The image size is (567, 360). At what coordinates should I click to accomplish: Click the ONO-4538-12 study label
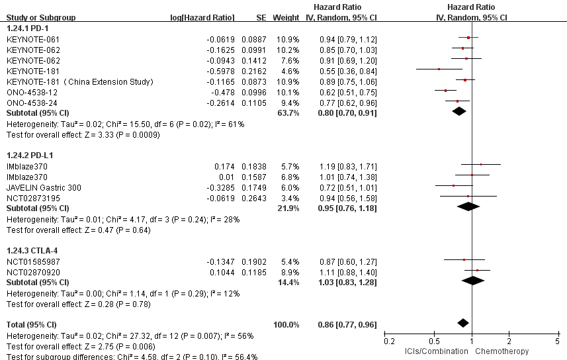click(27, 92)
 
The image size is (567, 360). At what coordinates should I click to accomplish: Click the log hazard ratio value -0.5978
click(222, 71)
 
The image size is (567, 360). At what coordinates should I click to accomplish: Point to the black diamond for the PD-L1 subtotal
click(468, 206)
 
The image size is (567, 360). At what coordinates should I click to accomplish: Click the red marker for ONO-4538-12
click(446, 90)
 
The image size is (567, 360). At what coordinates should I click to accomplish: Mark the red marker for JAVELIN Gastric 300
click(453, 186)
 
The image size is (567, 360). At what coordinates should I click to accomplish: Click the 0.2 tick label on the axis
click(389, 341)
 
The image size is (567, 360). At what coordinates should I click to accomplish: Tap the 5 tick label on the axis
click(557, 341)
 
